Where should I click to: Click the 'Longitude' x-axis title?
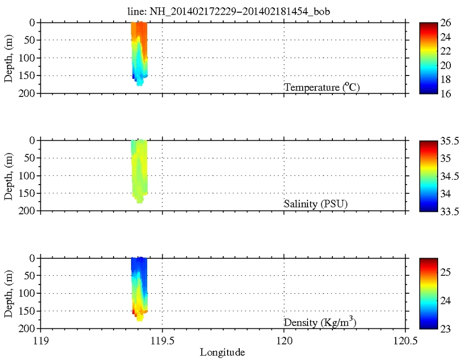[x=222, y=351]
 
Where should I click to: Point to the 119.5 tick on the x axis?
[x=162, y=341]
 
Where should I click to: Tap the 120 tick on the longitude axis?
[x=284, y=341]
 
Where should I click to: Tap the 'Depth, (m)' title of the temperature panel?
[x=9, y=58]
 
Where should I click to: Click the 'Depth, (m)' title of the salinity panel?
[x=9, y=175]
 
